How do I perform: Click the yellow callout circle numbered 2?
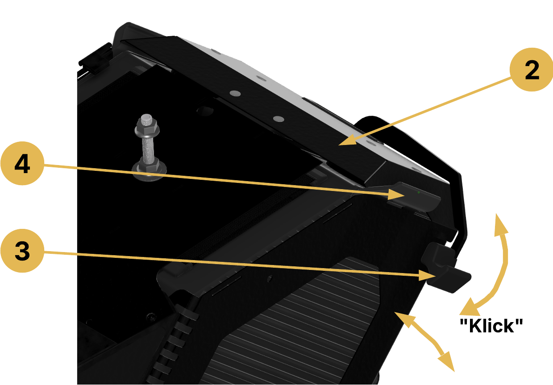pyautogui.click(x=531, y=70)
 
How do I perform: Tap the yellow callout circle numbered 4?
pyautogui.click(x=22, y=163)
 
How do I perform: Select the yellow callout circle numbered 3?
pyautogui.click(x=22, y=251)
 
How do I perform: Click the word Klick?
pyautogui.click(x=491, y=326)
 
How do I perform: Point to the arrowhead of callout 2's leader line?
pyautogui.click(x=347, y=140)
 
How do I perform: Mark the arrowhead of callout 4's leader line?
pyautogui.click(x=396, y=195)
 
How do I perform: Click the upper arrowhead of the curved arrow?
pyautogui.click(x=501, y=224)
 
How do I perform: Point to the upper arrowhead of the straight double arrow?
pyautogui.click(x=403, y=319)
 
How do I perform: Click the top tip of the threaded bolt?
pyautogui.click(x=146, y=116)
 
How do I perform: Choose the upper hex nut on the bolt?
pyautogui.click(x=147, y=128)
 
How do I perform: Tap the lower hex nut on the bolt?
pyautogui.click(x=149, y=165)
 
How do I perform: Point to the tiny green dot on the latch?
pyautogui.click(x=419, y=192)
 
